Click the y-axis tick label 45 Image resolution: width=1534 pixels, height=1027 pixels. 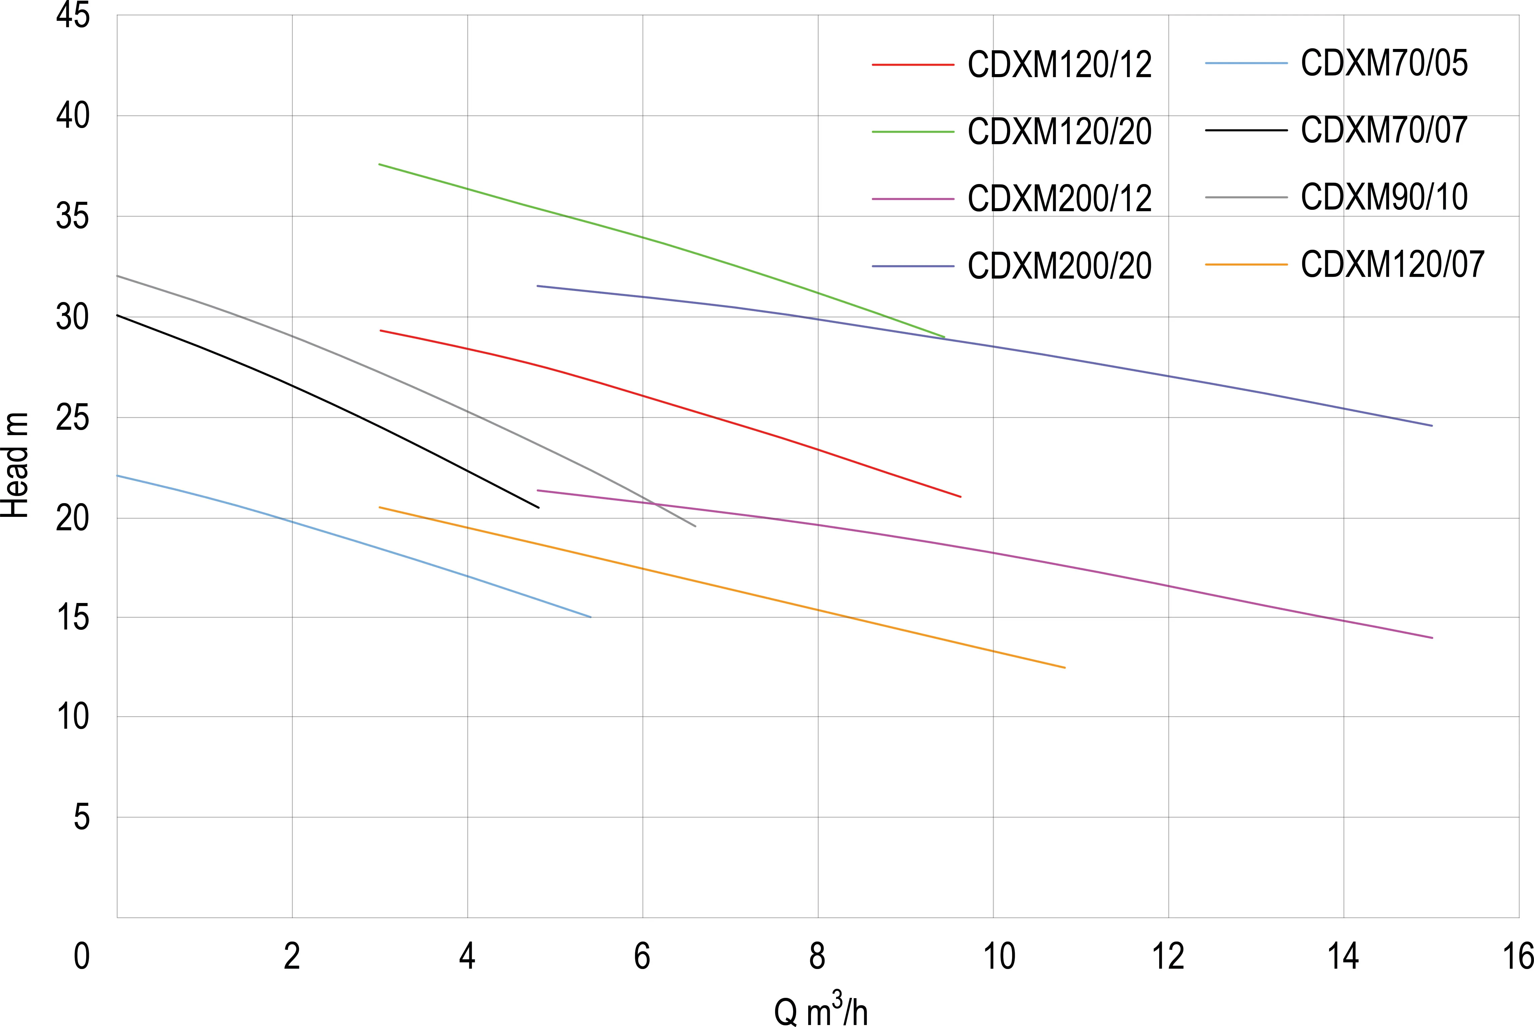tap(73, 16)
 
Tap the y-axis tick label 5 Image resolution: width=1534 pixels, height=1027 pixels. tap(81, 818)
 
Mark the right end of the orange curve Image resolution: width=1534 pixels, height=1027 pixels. tap(1065, 667)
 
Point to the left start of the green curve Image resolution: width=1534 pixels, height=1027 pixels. tap(379, 164)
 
